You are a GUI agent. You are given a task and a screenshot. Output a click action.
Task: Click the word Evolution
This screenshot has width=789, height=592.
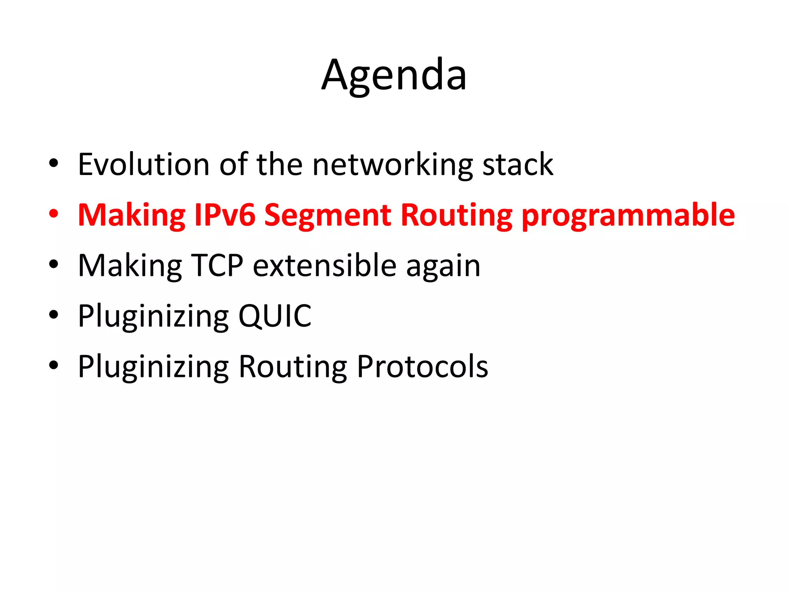(143, 165)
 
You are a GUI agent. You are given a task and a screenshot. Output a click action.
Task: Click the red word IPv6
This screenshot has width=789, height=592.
(225, 215)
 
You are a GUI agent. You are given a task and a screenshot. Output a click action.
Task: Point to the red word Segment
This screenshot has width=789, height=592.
(327, 215)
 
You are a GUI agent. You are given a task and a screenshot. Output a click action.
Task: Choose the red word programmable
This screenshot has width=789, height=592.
(628, 215)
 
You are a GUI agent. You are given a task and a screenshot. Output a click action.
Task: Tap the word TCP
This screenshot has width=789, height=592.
(218, 266)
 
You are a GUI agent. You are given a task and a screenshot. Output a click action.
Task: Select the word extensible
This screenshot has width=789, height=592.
(325, 266)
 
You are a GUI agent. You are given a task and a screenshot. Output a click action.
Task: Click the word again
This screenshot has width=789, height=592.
(443, 266)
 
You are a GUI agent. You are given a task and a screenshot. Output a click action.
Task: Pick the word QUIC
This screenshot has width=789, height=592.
(275, 316)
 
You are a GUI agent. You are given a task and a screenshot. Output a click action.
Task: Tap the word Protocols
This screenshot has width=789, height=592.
(422, 367)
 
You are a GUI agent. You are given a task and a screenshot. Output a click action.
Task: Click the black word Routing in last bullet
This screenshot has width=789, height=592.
(293, 367)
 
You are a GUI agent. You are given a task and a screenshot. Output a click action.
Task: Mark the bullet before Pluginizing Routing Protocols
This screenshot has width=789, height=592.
(54, 365)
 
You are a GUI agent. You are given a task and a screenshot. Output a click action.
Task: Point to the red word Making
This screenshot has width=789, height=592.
(131, 215)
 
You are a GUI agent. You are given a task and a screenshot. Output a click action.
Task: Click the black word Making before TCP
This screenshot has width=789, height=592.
(130, 266)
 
